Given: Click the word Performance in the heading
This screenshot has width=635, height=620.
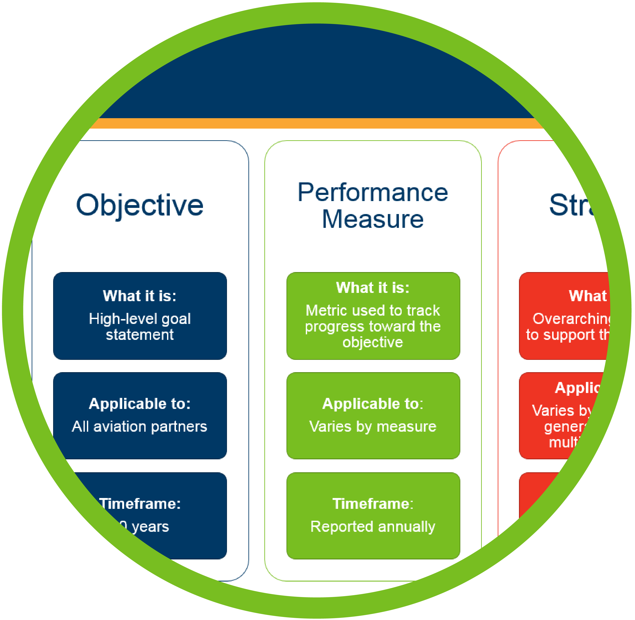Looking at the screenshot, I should [x=373, y=193].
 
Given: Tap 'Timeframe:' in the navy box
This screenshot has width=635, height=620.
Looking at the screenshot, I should [x=140, y=504].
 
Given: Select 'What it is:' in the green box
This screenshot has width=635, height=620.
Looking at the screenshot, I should [x=373, y=288].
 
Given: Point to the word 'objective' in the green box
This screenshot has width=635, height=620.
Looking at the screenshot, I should [x=373, y=342].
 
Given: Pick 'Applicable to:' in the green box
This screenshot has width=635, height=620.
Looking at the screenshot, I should [x=373, y=404].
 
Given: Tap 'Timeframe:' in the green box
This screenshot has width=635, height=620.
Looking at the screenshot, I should [x=373, y=504].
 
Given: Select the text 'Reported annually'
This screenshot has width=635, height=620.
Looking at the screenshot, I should [x=373, y=526].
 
